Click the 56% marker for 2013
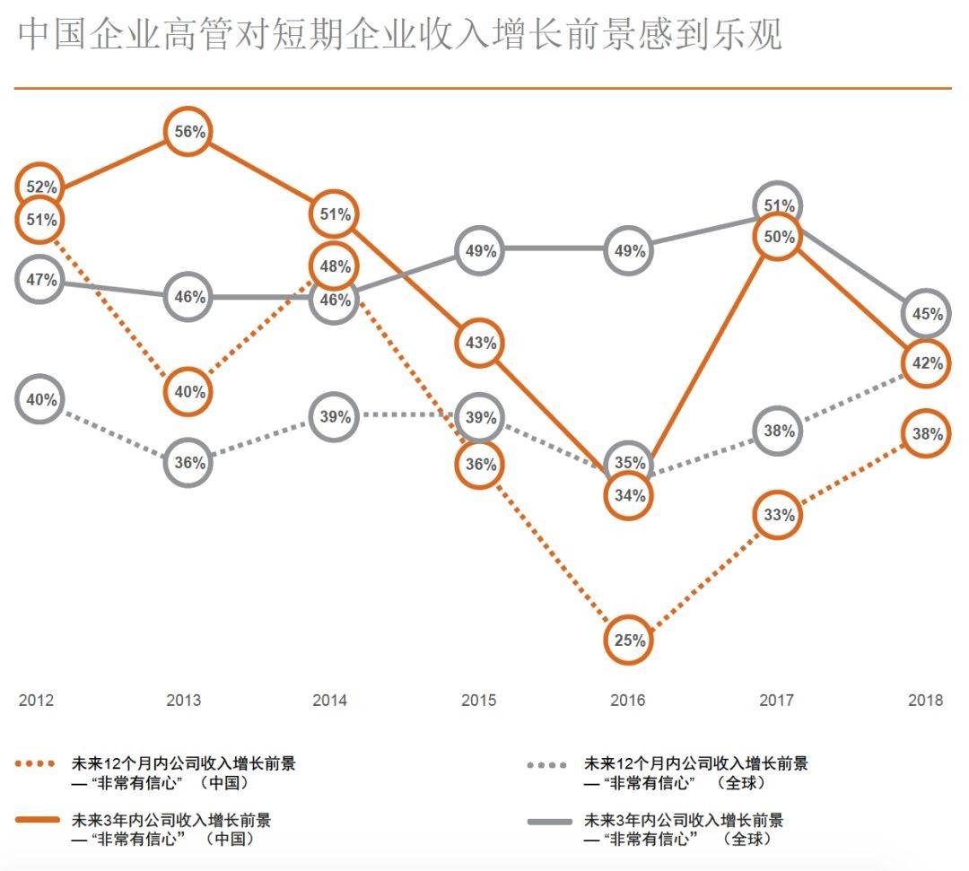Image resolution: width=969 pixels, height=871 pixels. tap(188, 132)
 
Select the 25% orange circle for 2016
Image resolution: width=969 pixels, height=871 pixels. tap(628, 640)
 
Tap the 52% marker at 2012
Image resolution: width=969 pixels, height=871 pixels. tap(40, 187)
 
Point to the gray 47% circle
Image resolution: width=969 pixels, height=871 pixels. tap(40, 280)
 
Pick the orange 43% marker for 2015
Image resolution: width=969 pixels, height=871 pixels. tap(480, 343)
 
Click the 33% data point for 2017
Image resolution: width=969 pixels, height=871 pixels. tap(778, 515)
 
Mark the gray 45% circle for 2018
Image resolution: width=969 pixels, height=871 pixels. tap(927, 314)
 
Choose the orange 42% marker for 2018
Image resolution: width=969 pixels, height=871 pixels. tap(927, 363)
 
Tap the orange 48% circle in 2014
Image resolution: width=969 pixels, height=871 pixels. tap(334, 266)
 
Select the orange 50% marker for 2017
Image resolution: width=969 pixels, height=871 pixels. tap(779, 237)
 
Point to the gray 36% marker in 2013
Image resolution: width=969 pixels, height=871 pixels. tap(188, 464)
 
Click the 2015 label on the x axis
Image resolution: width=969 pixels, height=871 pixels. tap(479, 701)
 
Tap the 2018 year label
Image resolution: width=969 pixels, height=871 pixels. tap(925, 701)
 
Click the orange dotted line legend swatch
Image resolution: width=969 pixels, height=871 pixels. tap(39, 765)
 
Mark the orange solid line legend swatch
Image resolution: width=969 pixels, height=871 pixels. tap(39, 821)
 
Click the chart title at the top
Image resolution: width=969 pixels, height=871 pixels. tap(399, 36)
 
